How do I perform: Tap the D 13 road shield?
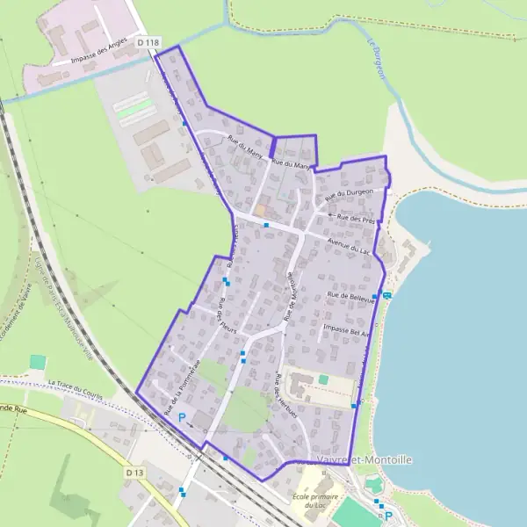pyautogui.click(x=134, y=473)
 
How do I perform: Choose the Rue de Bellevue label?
pyautogui.click(x=350, y=297)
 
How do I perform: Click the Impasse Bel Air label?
pyautogui.click(x=347, y=330)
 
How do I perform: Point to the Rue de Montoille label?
pyautogui.click(x=291, y=294)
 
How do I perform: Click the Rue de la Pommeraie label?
pyautogui.click(x=183, y=386)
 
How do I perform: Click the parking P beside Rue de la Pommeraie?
pyautogui.click(x=182, y=417)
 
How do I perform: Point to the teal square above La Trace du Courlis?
pyautogui.click(x=37, y=362)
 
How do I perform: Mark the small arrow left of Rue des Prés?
pyautogui.click(x=331, y=215)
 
